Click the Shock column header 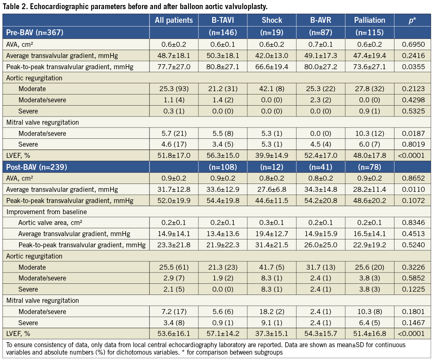point(272,20)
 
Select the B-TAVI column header point(223,20)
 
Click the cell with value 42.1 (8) point(272,89)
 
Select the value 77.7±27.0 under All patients point(174,66)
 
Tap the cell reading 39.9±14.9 point(272,156)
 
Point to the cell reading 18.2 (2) point(272,312)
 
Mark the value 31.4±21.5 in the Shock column point(272,245)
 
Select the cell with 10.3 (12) point(370,133)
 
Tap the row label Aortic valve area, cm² point(53,222)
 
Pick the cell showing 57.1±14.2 point(223,334)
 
